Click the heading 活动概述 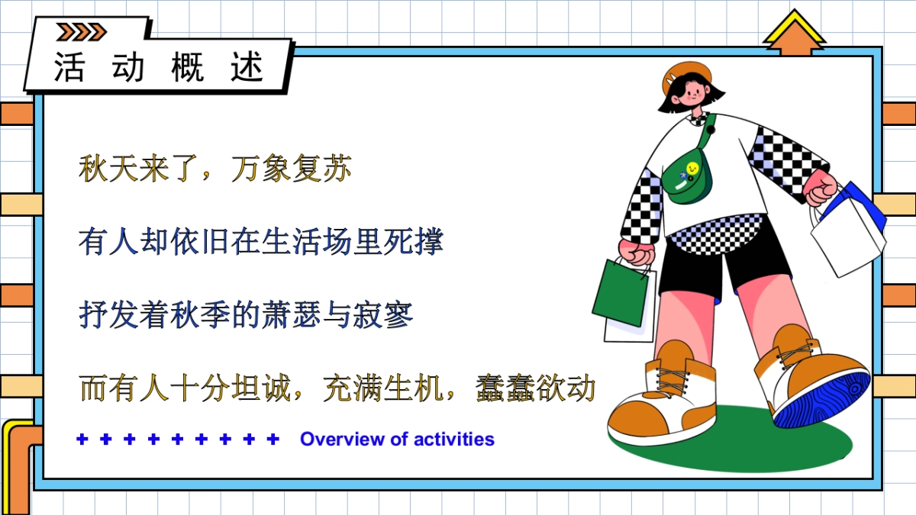pos(159,67)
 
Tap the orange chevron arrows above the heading pos(82,31)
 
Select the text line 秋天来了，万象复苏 pos(214,169)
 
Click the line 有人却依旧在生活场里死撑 pos(260,243)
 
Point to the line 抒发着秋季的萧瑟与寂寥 pos(246,314)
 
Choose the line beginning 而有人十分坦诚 pos(337,388)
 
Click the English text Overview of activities pos(397,439)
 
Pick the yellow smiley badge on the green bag pos(692,167)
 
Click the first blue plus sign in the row pos(82,439)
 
